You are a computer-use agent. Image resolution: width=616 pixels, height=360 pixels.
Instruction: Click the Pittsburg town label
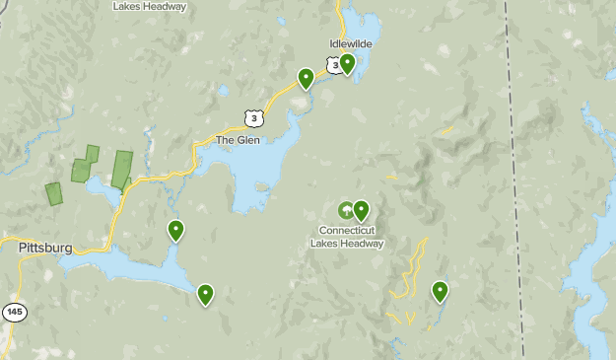(45, 249)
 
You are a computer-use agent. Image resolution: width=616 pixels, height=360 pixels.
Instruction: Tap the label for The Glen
(238, 140)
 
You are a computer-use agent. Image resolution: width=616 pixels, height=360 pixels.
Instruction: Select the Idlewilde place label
(350, 43)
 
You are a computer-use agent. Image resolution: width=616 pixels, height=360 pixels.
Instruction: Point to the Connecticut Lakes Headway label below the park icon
(345, 237)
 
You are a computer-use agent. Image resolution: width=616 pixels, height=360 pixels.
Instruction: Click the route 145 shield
(14, 312)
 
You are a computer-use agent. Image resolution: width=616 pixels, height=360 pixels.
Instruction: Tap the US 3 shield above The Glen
(255, 117)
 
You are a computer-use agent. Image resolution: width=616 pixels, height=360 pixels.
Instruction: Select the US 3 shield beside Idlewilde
(336, 65)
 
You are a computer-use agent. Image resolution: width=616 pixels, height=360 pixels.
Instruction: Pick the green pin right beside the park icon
(361, 209)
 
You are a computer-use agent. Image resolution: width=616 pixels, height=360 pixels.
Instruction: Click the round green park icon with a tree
(345, 210)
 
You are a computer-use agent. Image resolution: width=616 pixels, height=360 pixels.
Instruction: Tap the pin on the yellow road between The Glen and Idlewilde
(306, 77)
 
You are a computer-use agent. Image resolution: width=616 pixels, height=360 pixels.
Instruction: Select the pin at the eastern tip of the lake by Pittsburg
(205, 293)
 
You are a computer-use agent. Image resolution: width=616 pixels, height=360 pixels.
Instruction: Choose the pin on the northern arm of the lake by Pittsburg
(175, 230)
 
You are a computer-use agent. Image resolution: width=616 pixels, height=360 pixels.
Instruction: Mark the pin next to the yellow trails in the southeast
(440, 290)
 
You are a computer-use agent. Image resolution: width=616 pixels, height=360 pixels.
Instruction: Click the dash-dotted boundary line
(514, 178)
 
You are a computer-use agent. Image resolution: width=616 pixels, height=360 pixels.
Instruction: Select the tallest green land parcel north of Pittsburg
(121, 169)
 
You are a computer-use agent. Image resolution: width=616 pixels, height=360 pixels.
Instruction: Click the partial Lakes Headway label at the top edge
(150, 6)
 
